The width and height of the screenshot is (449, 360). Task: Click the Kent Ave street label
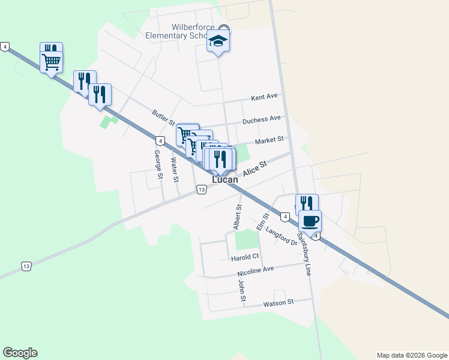coord(264,97)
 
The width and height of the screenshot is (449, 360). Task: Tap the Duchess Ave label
coord(261,120)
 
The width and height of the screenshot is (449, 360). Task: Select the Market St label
coord(268,140)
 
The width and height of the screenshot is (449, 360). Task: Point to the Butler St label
coord(163,117)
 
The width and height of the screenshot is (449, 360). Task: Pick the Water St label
coord(175,169)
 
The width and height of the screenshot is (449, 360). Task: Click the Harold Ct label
coord(244,258)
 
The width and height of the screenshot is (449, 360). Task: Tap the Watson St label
coord(279,304)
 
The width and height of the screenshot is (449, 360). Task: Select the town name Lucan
coord(225,179)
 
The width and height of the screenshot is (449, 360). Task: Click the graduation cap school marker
coord(218,41)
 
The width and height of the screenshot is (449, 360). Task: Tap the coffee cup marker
coord(310,221)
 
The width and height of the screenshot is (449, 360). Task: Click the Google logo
coord(20,353)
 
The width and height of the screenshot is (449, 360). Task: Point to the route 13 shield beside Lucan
coord(202,190)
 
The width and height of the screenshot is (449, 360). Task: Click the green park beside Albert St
coord(246,239)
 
